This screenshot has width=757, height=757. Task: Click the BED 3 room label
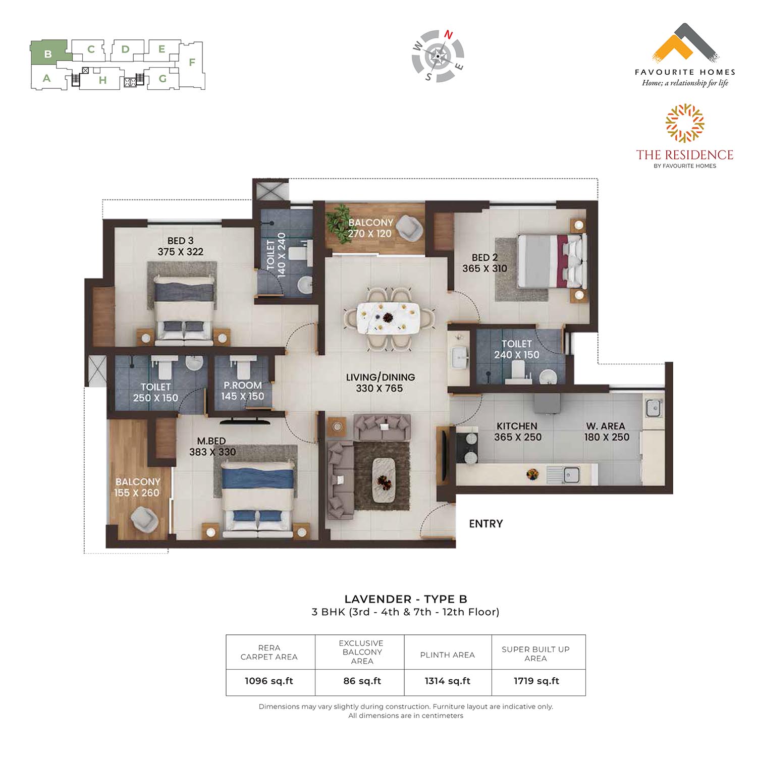coord(180,241)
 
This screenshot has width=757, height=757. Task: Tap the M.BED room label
coord(211,441)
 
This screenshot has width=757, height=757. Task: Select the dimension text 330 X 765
coord(380,388)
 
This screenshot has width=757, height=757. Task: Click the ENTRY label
coord(486,524)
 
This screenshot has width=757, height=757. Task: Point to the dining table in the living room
coord(388,318)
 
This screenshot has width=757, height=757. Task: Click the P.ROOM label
coord(243,385)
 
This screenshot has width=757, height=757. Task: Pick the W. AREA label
coord(606,426)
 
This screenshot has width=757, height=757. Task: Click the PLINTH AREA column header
coord(448,655)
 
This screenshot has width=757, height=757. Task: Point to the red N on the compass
coord(448,35)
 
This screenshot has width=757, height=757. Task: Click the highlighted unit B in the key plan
coord(48,53)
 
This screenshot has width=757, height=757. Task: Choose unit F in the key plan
coord(192,63)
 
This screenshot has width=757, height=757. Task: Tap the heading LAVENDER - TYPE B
coord(406,599)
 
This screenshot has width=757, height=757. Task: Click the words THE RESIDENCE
coord(685,155)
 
